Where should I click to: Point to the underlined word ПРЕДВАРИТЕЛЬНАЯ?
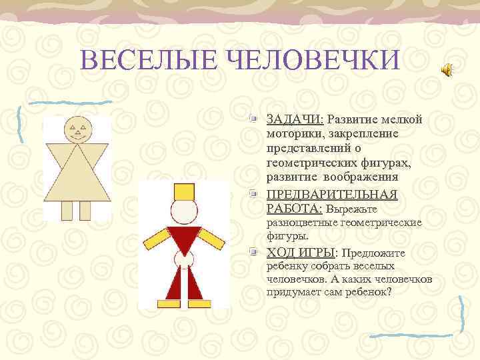pyautogui.click(x=331, y=195)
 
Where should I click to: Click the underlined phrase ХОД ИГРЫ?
pyautogui.click(x=301, y=253)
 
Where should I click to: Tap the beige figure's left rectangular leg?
pyautogui.click(x=67, y=210)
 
